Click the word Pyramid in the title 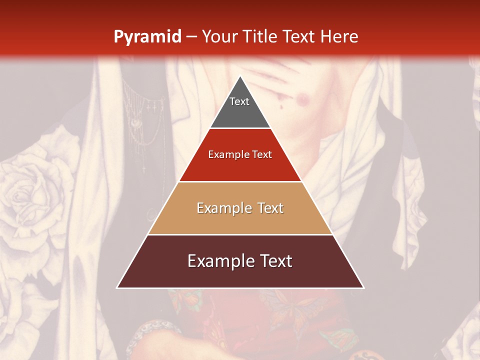(147, 37)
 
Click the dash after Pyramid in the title (191, 37)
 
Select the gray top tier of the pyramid (240, 112)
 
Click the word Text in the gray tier (239, 101)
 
